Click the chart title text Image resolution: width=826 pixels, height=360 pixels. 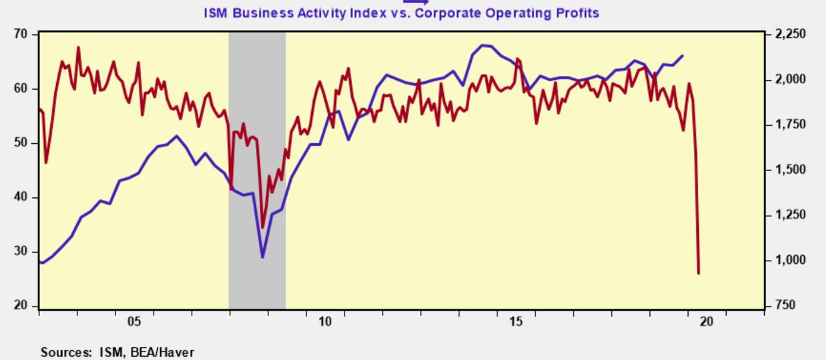point(401,13)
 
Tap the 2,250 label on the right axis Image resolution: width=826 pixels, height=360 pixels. point(790,34)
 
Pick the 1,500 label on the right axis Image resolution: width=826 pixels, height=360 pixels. point(790,170)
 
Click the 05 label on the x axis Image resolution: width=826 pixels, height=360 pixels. point(134,321)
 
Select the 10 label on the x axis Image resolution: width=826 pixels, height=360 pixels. point(325,321)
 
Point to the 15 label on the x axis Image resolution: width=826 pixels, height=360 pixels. point(516,321)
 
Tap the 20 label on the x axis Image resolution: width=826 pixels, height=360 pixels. point(707,321)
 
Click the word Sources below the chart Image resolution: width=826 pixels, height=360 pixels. point(65,352)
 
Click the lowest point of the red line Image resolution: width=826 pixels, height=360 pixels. point(698,274)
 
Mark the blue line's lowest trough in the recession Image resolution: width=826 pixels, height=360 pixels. point(263,257)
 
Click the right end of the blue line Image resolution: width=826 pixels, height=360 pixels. point(683,56)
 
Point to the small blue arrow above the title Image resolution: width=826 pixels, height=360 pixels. point(416,2)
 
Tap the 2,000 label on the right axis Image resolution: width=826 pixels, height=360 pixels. point(790,79)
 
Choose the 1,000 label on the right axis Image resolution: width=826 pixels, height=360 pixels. point(790,260)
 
